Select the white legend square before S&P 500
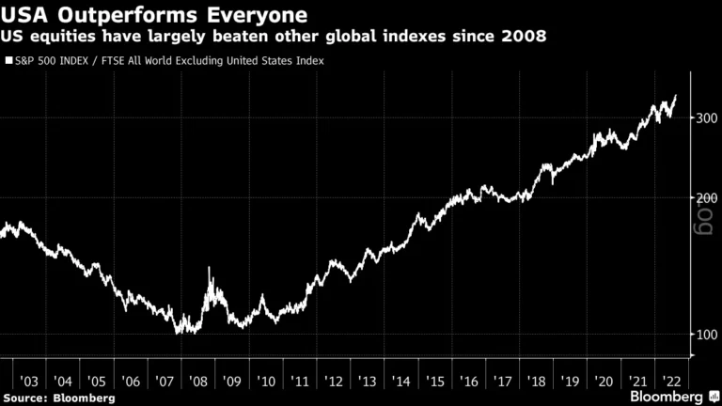coord(8,61)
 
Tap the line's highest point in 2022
coord(675,96)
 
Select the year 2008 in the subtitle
coord(529,37)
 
